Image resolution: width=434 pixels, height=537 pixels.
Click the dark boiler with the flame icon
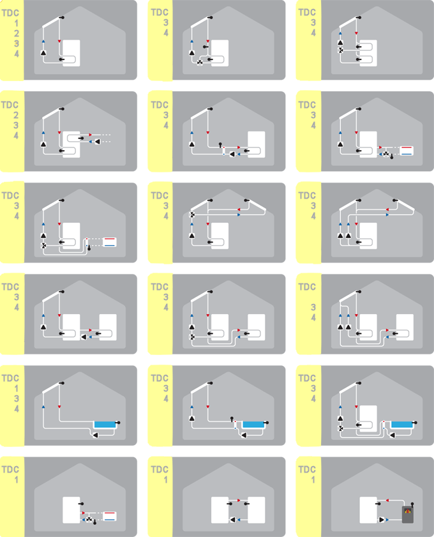click(x=407, y=514)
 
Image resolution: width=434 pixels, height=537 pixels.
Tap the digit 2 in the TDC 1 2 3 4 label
click(x=17, y=34)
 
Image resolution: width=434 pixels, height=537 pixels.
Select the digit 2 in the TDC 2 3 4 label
click(x=16, y=115)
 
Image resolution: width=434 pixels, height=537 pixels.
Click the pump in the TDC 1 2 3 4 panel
click(x=43, y=53)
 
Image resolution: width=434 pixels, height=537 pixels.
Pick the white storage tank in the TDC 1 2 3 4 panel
click(x=71, y=53)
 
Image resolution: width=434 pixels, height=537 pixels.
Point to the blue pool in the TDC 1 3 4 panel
click(x=105, y=425)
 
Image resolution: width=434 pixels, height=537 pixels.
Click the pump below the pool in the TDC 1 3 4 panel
click(x=96, y=435)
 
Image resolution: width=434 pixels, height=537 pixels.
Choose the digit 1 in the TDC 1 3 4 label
click(x=16, y=388)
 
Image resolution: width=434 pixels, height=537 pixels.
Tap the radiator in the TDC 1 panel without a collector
click(x=110, y=516)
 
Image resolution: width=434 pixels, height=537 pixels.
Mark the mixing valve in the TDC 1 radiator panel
click(x=89, y=520)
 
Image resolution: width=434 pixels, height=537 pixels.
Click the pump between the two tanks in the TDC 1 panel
click(x=233, y=520)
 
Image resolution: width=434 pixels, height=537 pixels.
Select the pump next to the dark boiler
click(x=382, y=520)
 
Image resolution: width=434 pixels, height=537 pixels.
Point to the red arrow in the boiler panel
click(x=387, y=501)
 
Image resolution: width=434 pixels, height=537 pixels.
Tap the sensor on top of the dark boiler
click(x=412, y=504)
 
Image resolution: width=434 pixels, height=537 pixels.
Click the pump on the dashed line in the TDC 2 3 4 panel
click(x=97, y=141)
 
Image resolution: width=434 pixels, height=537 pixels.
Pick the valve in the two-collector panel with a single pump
click(x=192, y=215)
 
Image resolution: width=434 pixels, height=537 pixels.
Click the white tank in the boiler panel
click(x=368, y=510)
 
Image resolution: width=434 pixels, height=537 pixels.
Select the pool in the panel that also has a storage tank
click(x=402, y=425)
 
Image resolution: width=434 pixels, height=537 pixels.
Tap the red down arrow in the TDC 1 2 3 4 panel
click(x=59, y=41)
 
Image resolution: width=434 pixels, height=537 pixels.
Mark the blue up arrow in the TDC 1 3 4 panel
click(x=43, y=407)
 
